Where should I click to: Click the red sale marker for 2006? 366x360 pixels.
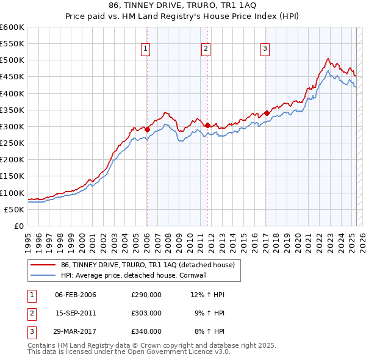(147, 129)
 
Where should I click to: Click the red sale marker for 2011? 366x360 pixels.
(207, 125)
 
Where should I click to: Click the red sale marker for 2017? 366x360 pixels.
(267, 113)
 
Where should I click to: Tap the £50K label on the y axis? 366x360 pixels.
(14, 209)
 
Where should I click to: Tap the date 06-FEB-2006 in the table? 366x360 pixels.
(76, 295)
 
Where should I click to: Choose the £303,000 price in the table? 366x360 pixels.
(146, 313)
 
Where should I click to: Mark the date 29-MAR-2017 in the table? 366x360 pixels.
(76, 331)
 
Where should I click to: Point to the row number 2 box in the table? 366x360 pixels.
(30, 313)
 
